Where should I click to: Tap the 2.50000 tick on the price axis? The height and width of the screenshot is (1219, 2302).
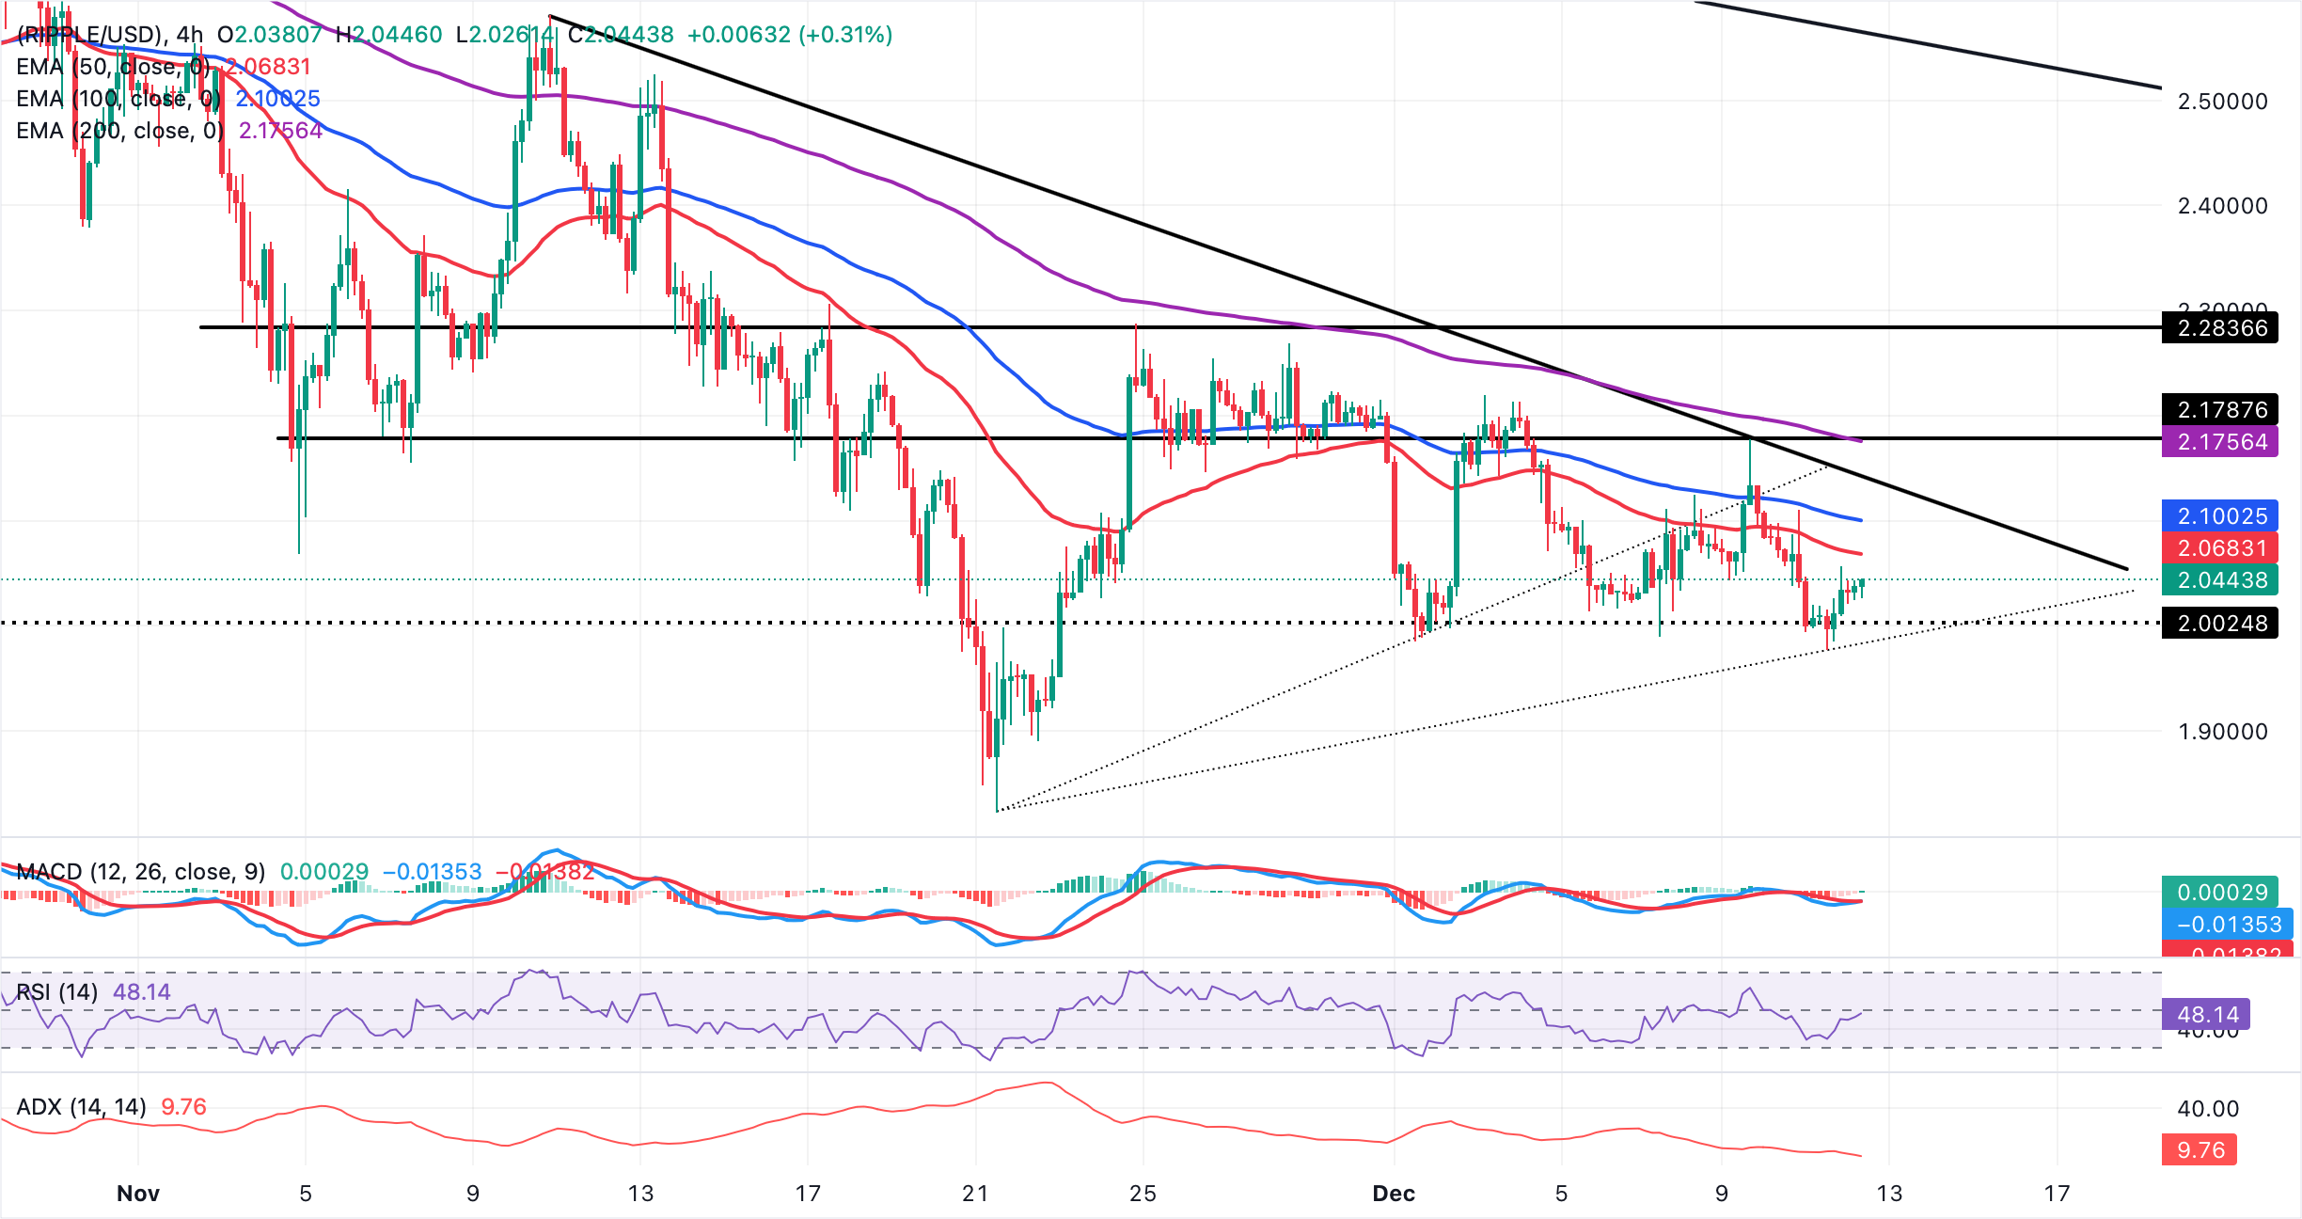(2222, 102)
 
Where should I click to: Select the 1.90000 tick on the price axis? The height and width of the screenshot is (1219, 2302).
(2222, 732)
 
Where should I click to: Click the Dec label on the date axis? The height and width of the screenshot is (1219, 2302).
(1393, 1194)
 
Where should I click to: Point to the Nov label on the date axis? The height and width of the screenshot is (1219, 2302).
(138, 1194)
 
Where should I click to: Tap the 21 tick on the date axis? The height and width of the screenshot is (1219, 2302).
(975, 1194)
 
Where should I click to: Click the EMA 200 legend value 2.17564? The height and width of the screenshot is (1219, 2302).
(280, 131)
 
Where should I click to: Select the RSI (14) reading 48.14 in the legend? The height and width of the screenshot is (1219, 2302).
(141, 992)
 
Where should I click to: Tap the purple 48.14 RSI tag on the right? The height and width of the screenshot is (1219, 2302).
(2207, 1015)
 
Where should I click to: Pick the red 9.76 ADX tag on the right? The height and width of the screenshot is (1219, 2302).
(2200, 1150)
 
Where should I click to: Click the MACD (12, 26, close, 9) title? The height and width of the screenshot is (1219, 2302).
(140, 872)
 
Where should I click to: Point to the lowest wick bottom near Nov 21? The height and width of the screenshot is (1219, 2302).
(997, 810)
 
